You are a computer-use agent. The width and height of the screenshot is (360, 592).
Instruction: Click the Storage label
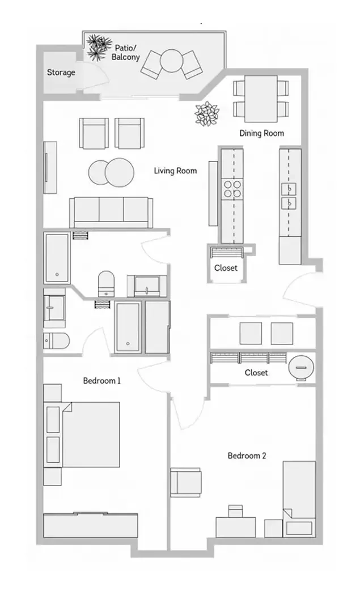pos(61,73)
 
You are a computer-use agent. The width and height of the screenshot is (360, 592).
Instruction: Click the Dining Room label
pos(261,133)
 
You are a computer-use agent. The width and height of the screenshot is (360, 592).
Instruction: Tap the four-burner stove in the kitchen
pos(231,188)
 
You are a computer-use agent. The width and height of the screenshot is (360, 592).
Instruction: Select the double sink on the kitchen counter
pos(290,195)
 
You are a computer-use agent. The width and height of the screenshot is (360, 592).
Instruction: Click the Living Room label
pos(175,171)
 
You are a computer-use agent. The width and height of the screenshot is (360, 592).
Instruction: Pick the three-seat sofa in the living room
pos(111,212)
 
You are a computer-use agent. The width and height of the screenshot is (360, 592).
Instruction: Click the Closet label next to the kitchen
pos(226,268)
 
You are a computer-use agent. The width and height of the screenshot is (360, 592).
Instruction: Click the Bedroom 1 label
pos(102,381)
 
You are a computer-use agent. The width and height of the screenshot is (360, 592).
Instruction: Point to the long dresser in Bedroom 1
pos(91,525)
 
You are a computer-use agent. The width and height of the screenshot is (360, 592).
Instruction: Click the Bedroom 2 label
pos(247,455)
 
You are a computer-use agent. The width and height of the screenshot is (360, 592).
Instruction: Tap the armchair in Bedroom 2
pos(185,482)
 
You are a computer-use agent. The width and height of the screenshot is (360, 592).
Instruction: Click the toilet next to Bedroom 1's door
pos(56,341)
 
